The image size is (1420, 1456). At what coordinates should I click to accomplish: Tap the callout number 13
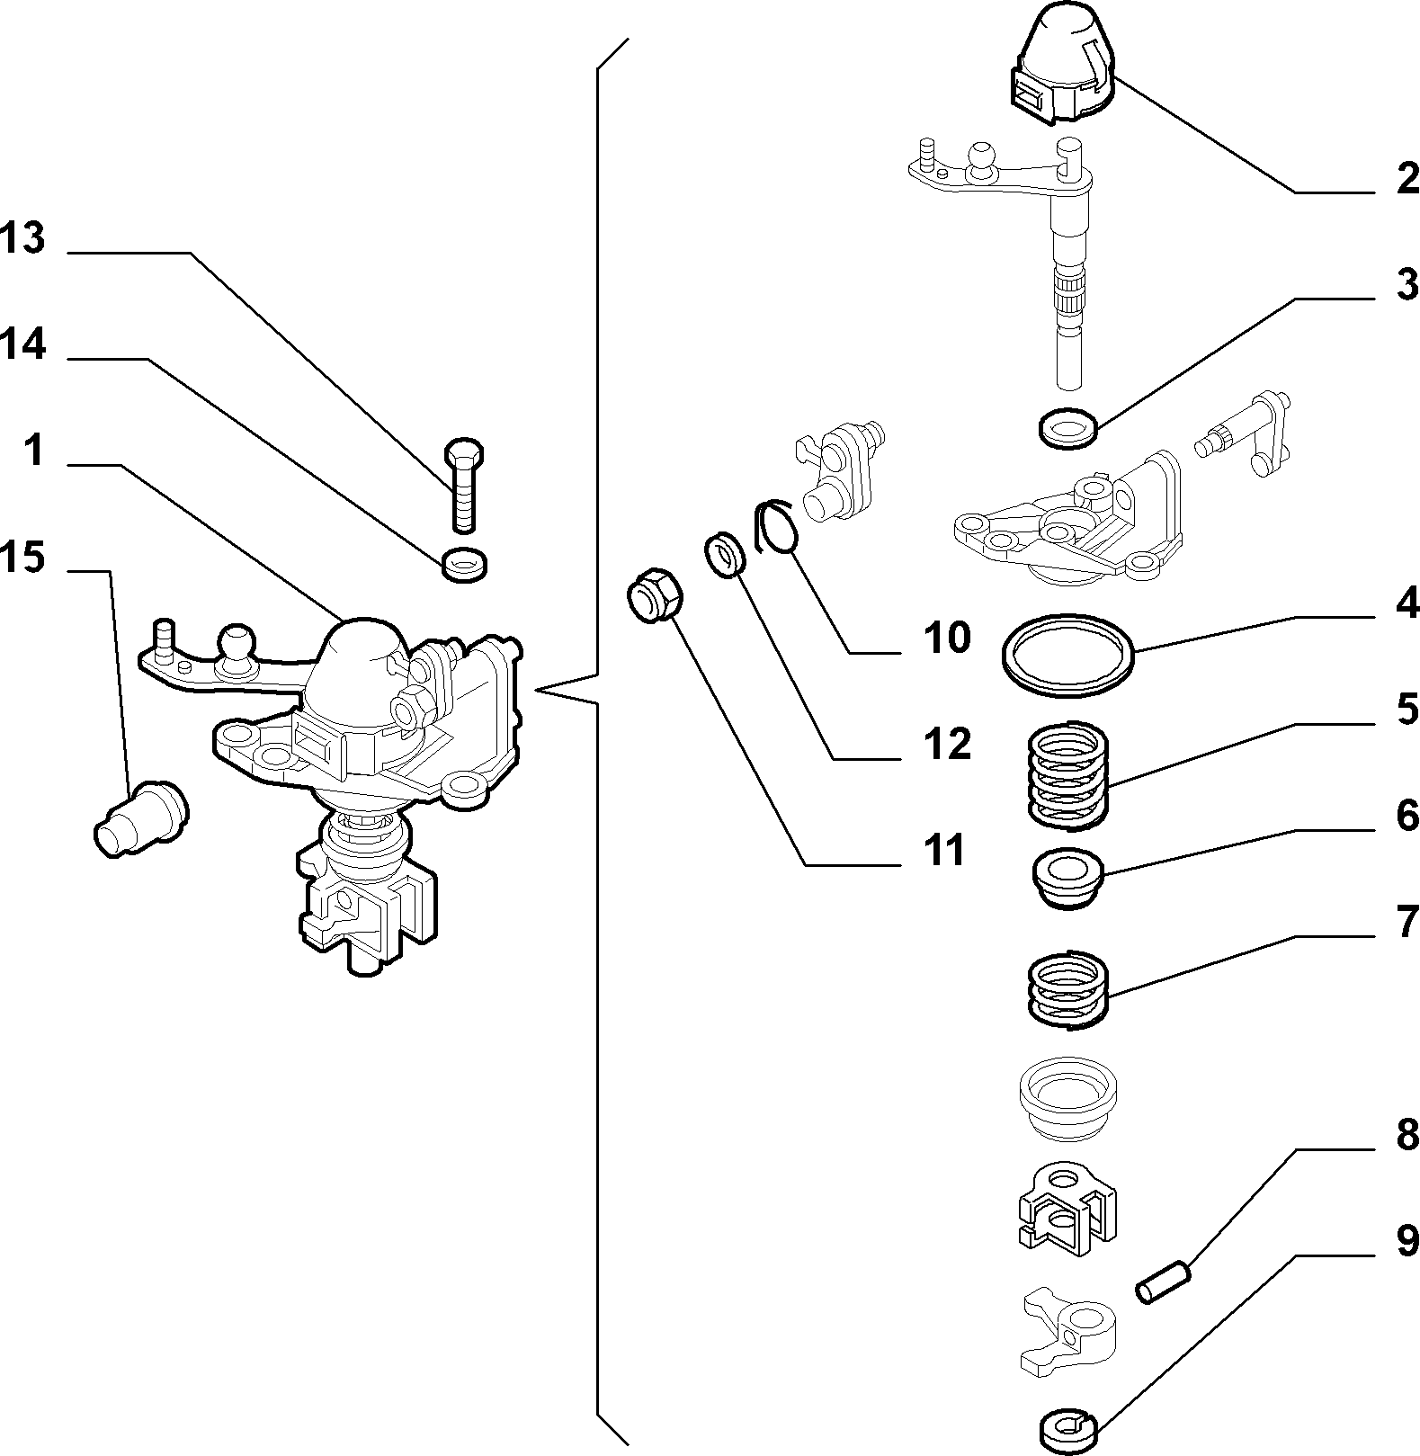22,239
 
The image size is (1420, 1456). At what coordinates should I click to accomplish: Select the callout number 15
22,558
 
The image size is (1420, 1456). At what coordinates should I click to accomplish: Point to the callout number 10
946,639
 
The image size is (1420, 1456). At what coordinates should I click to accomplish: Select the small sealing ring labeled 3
1067,426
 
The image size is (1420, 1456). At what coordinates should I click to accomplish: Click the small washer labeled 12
725,555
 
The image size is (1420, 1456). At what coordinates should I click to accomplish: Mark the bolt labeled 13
464,484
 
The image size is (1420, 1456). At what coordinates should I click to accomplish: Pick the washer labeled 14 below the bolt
465,565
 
